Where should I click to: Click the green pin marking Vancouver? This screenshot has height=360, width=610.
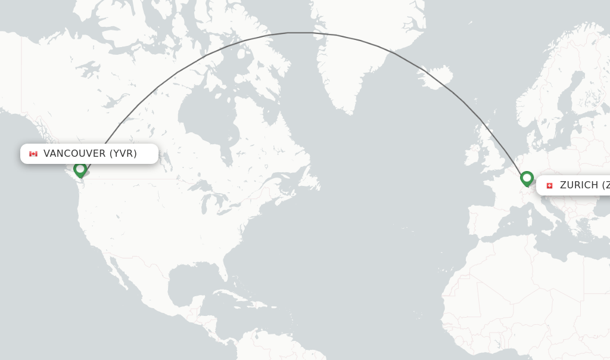(x=80, y=170)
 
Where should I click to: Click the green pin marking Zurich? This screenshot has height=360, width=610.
(x=527, y=178)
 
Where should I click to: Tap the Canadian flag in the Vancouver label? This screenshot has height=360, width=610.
(x=33, y=154)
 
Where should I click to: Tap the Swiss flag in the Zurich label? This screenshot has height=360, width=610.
(x=549, y=185)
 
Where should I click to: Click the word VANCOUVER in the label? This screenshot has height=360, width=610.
(x=74, y=154)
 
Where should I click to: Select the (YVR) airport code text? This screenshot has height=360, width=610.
(x=123, y=154)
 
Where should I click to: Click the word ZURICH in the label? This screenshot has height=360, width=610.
(x=578, y=185)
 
